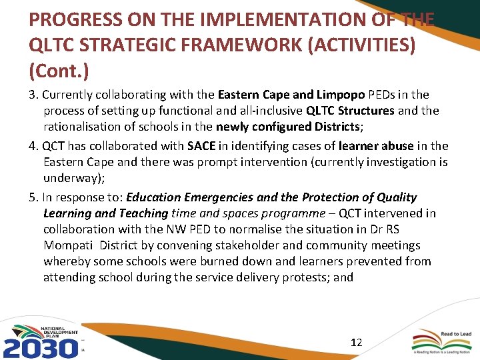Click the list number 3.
[x=33, y=94]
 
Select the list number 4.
[x=33, y=145]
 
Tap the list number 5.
[x=33, y=197]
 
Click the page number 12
[x=357, y=342]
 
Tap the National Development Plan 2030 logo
[x=42, y=340]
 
